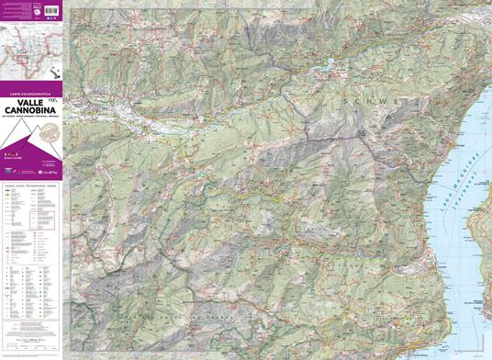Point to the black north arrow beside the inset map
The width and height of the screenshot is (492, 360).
57,73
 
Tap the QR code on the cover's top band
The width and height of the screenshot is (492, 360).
37,11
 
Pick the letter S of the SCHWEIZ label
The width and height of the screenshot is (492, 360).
342,99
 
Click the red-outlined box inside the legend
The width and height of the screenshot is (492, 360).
49,219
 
